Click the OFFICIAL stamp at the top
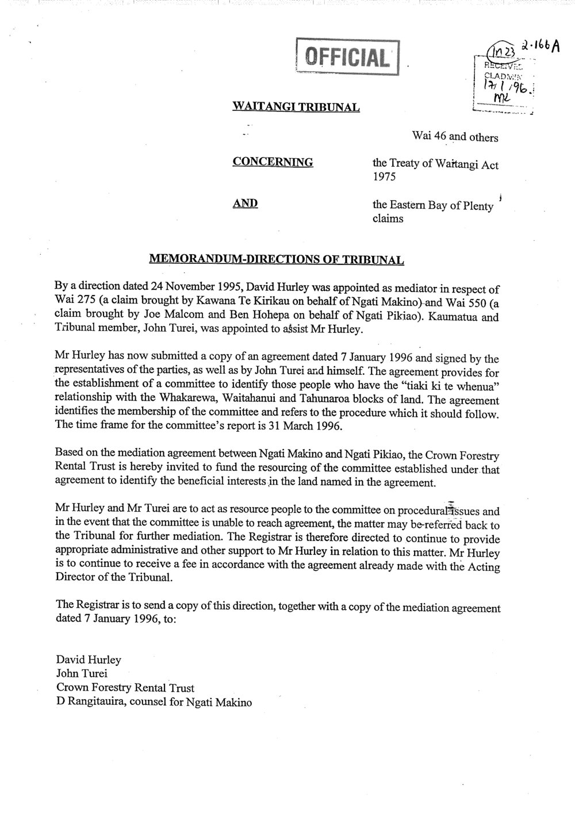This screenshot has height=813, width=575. tap(347, 56)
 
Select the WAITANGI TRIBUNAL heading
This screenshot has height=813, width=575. tap(296, 106)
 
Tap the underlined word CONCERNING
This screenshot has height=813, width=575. tap(273, 162)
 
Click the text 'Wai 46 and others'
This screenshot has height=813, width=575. tap(454, 137)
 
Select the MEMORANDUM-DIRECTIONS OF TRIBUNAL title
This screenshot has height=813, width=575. tap(277, 260)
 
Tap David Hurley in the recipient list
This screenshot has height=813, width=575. tap(89, 659)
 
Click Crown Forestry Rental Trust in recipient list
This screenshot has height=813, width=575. tap(125, 688)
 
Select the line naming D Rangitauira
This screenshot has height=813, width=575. tap(154, 702)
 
